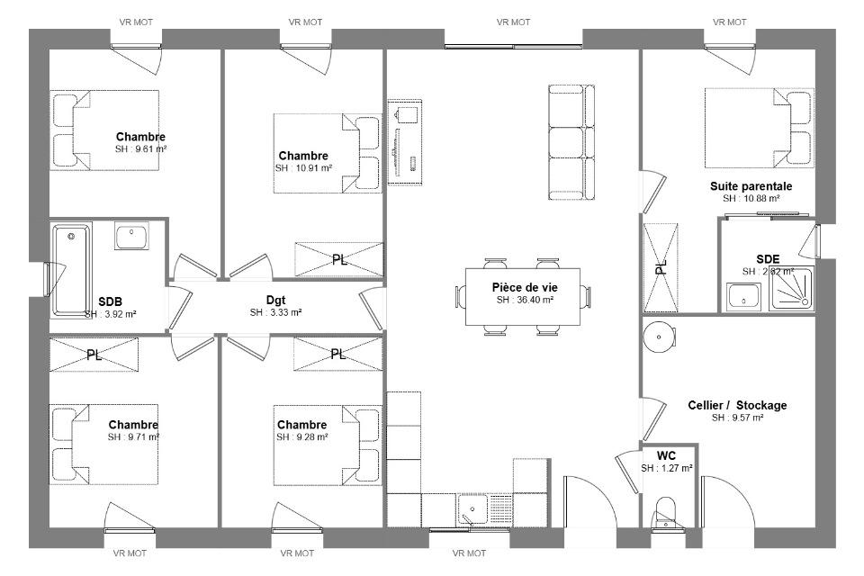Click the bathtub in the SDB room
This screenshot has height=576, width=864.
coord(71,270)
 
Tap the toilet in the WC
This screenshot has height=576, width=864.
coord(666,513)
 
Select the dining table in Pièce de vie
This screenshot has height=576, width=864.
coord(523,296)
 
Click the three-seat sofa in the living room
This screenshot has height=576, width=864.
coord(572,142)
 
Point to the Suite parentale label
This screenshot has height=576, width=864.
coord(751,186)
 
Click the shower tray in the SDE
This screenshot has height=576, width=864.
coord(792,288)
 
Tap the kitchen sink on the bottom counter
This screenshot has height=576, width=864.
coord(472,509)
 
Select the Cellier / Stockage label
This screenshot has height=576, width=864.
coord(737,405)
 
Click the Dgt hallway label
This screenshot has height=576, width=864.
coord(275,301)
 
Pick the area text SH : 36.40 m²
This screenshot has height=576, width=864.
coord(525,300)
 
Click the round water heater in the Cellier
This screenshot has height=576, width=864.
coord(659,337)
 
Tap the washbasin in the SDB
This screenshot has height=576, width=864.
coord(131,236)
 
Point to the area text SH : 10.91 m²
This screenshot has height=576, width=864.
coord(303,168)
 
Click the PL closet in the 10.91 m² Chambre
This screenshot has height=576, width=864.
coord(339,259)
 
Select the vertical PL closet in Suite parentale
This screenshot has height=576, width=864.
coord(661,267)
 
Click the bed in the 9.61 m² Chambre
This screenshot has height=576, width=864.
coord(104,130)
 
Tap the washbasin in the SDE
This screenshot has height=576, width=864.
coord(743,296)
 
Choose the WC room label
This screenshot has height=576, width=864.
coord(666,455)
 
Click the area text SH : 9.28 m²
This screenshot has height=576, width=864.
coord(302,437)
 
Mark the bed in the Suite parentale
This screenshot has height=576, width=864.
coord(760,128)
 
